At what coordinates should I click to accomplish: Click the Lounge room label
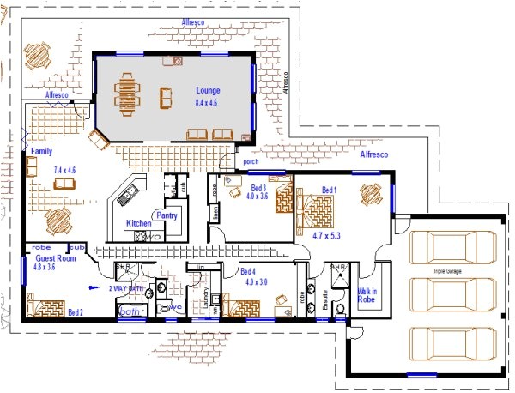[208, 90]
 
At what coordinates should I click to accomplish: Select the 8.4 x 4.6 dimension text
[208, 102]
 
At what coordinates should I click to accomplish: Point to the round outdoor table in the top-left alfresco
[38, 57]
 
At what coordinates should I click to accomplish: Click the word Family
[41, 151]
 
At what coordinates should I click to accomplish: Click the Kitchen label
[138, 223]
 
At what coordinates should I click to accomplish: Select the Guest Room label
[56, 257]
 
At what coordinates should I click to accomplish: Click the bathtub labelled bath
[130, 311]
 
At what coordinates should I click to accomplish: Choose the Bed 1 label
[330, 190]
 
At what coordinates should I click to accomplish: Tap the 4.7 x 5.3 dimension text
[327, 234]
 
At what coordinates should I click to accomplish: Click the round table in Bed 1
[371, 195]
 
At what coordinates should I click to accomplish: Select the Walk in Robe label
[367, 296]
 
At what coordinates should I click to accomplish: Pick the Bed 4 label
[250, 270]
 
